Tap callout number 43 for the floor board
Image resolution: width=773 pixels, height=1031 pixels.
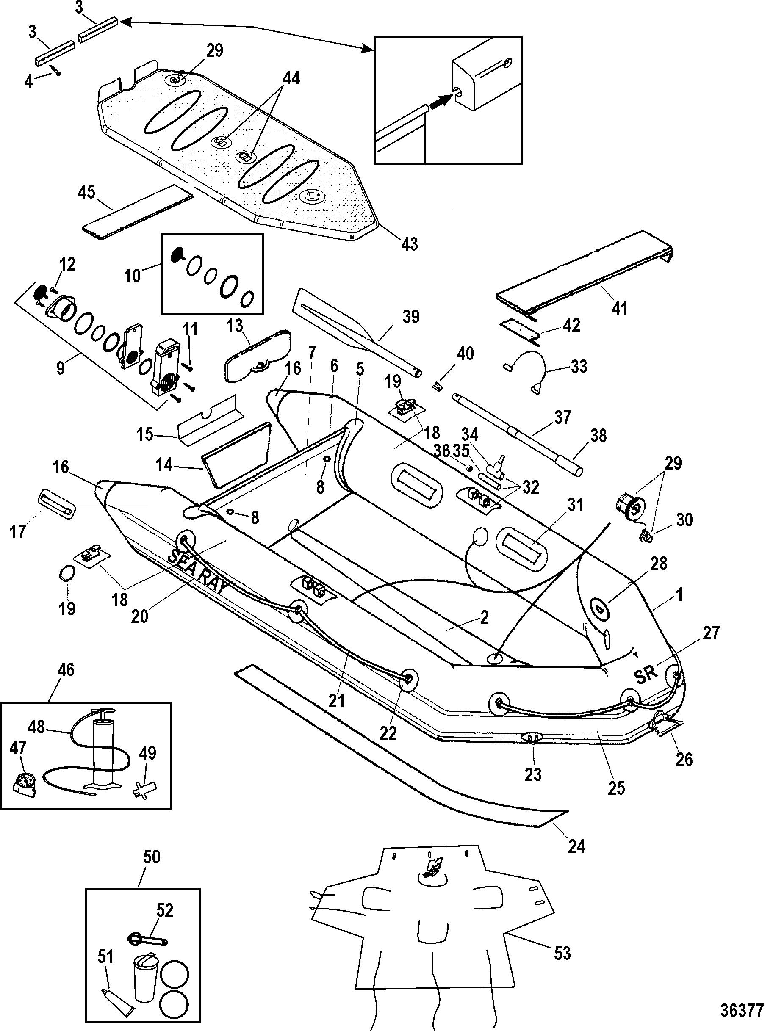click(409, 243)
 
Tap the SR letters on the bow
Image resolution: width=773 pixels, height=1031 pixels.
click(646, 674)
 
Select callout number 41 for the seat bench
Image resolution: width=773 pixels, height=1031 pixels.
click(620, 308)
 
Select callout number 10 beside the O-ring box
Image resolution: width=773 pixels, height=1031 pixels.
click(133, 276)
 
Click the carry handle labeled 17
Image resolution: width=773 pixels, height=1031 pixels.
click(55, 504)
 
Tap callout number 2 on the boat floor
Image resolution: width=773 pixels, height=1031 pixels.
click(485, 618)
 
